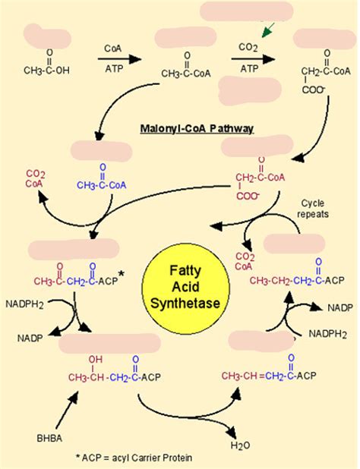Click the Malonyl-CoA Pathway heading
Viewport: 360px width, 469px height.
196,129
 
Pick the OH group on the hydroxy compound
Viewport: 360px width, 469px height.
95,360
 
